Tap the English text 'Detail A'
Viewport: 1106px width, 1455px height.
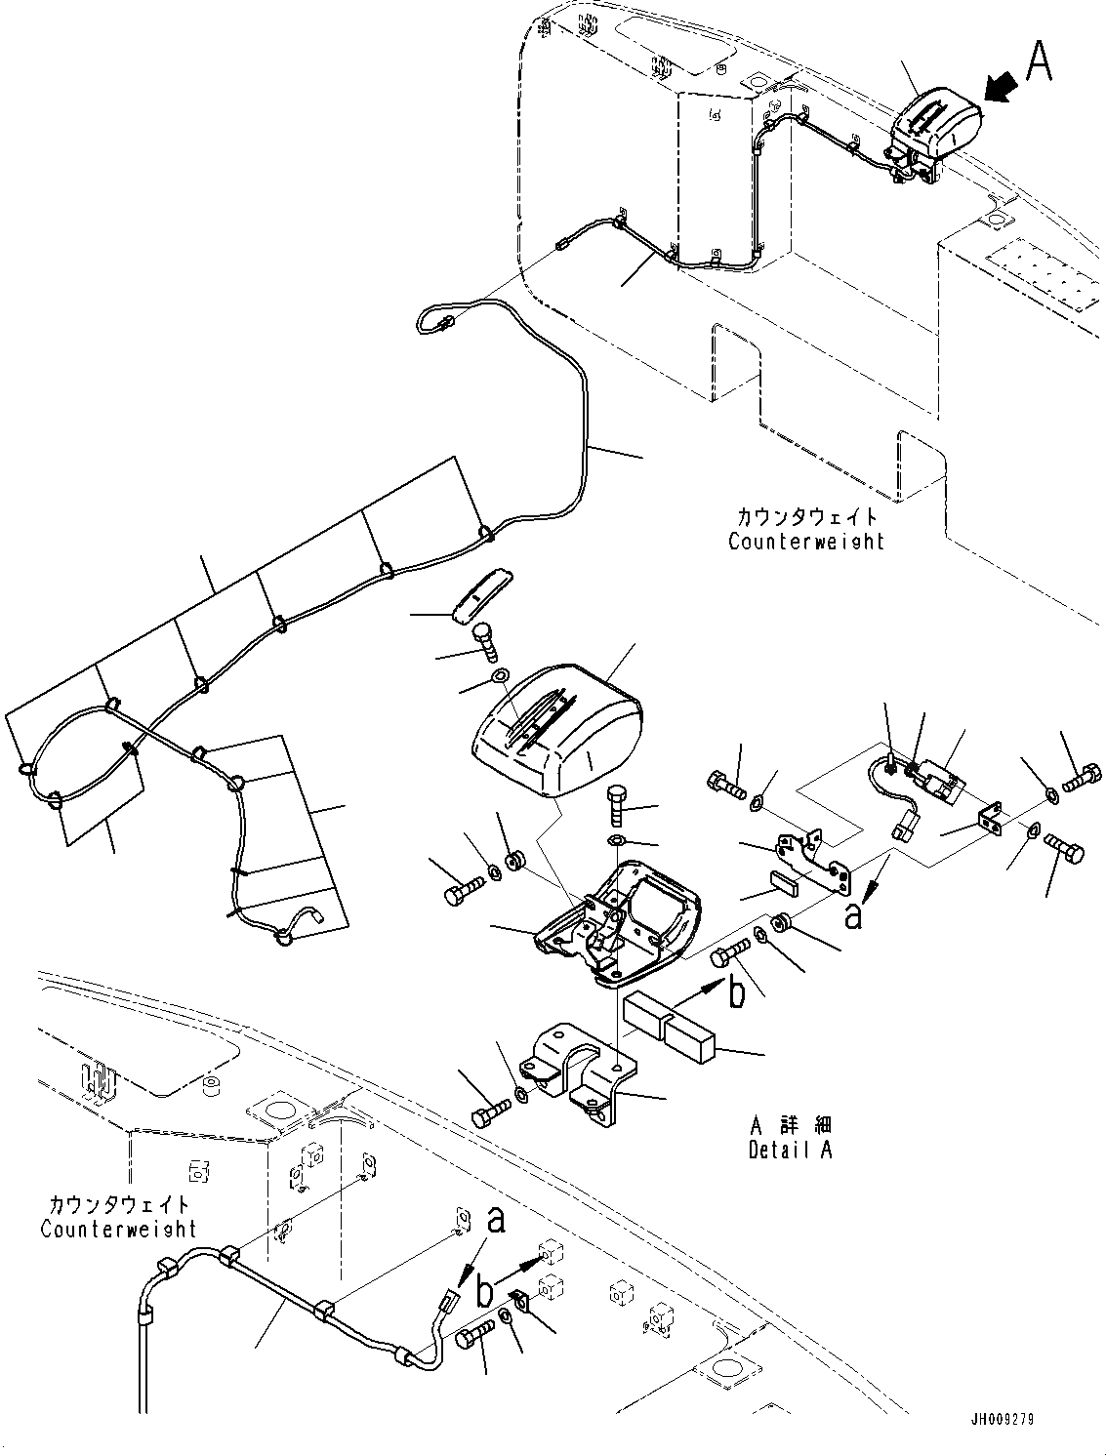790,1150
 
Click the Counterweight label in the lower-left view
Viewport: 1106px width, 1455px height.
118,1228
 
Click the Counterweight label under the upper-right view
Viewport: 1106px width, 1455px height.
805,541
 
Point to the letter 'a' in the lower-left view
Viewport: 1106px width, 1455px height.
496,1220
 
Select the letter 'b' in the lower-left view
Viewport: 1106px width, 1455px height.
483,1293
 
